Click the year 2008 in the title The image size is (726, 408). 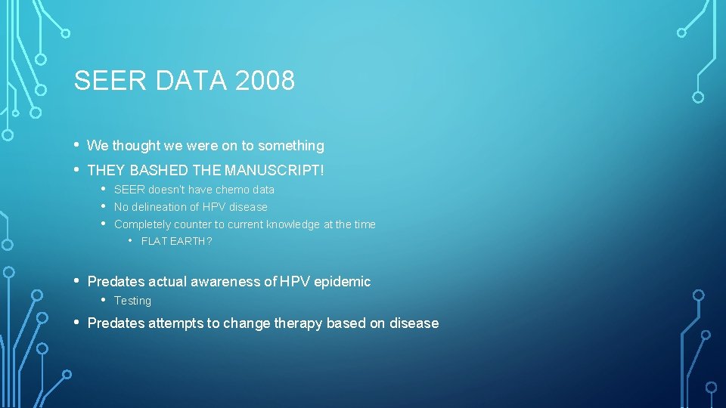point(265,80)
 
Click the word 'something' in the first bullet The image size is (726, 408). point(291,146)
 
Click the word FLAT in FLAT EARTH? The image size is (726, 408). point(154,242)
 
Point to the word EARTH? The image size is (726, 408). point(191,242)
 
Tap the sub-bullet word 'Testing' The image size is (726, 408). point(132,301)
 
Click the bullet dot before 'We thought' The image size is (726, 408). point(78,144)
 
